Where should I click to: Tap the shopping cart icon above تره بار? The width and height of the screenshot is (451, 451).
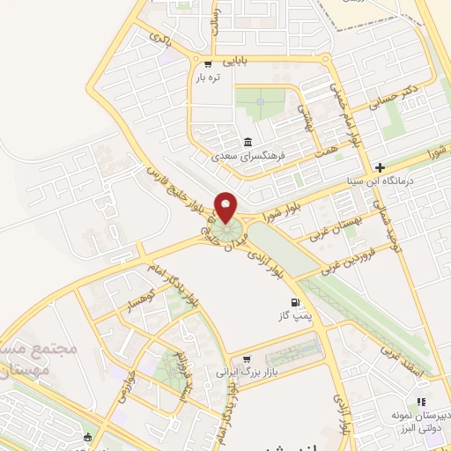(x=209, y=63)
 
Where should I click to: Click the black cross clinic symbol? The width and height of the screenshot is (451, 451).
(x=380, y=166)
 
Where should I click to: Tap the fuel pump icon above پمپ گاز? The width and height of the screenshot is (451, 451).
(x=283, y=303)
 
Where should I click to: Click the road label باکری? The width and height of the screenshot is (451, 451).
(x=159, y=39)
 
